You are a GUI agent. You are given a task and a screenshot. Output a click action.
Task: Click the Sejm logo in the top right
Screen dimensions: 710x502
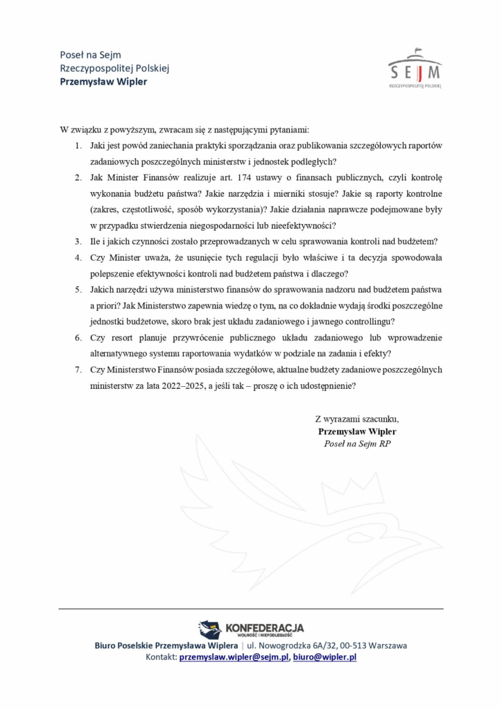pos(415,68)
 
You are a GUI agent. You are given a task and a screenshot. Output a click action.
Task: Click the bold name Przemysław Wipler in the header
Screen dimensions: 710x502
pos(103,81)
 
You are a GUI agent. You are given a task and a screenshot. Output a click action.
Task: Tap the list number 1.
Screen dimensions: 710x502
pos(78,146)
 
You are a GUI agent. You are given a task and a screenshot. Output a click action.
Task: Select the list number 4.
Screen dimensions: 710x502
pos(78,257)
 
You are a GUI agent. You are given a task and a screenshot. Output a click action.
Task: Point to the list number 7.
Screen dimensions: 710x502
pos(78,370)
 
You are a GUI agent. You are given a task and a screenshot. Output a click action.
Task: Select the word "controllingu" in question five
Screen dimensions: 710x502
pos(369,322)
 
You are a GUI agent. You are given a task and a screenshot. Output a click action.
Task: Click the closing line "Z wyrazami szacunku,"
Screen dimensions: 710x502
pos(356,419)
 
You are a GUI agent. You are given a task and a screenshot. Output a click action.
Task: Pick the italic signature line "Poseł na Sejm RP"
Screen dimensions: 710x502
pos(356,444)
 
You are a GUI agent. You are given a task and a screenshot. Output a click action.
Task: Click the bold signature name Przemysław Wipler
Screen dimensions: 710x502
pos(356,431)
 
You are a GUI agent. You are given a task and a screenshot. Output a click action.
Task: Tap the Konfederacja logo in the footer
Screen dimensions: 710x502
pos(251,630)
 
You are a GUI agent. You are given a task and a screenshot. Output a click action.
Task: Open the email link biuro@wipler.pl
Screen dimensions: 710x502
pos(324,657)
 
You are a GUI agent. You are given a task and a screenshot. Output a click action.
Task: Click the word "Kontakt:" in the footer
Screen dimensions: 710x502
pos(161,657)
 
